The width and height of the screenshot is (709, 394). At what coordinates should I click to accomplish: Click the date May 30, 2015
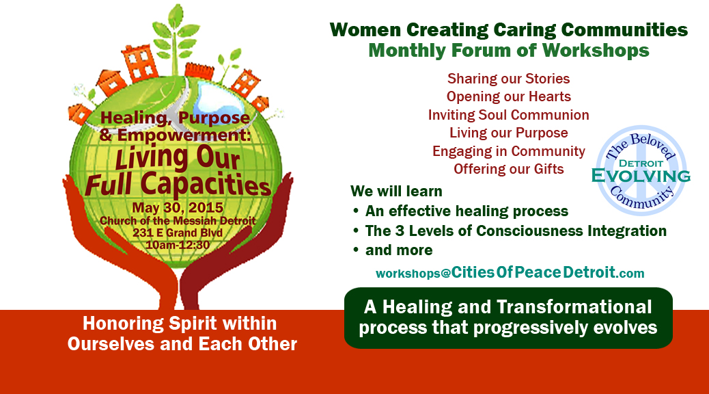(178, 208)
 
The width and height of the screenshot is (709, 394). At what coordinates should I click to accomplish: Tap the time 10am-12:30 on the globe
(178, 245)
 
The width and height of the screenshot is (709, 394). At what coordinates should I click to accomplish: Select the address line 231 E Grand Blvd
(178, 233)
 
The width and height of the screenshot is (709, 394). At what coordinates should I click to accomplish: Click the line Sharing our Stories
(508, 79)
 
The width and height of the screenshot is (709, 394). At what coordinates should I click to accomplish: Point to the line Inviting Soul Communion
(508, 115)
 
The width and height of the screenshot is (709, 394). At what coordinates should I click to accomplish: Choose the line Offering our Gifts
(509, 169)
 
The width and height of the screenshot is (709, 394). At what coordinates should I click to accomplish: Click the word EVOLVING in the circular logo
(641, 176)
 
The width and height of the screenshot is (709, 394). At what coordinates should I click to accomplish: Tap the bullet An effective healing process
(467, 211)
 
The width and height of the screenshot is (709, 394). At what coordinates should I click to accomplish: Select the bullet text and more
(399, 250)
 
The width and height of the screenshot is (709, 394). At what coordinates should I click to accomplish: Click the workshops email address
(510, 273)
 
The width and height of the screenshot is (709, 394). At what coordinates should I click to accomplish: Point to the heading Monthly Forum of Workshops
(509, 50)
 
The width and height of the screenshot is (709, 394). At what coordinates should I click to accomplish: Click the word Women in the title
(365, 30)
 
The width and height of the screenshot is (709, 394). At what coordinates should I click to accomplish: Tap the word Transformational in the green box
(574, 307)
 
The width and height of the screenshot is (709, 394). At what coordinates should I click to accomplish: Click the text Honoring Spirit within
(180, 324)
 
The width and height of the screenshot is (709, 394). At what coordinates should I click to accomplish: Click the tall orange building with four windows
(141, 64)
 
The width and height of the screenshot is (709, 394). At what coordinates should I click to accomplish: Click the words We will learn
(396, 192)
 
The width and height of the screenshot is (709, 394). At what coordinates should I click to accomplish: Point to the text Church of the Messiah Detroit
(178, 221)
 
